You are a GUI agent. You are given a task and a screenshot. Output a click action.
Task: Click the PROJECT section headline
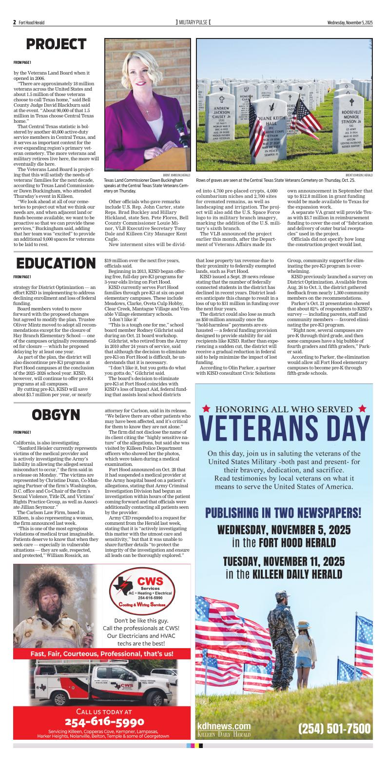pyautogui.click(x=56, y=44)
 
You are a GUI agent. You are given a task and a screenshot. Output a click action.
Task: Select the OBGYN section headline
pyautogui.click(x=56, y=415)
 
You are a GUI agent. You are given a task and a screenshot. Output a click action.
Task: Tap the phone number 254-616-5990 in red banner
pyautogui.click(x=105, y=721)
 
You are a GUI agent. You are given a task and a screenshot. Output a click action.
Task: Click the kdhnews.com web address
pyautogui.click(x=224, y=726)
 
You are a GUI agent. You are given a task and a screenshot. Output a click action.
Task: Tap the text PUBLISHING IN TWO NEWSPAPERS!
pyautogui.click(x=284, y=512)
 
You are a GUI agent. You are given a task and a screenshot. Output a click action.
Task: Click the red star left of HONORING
pyautogui.click(x=206, y=408)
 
